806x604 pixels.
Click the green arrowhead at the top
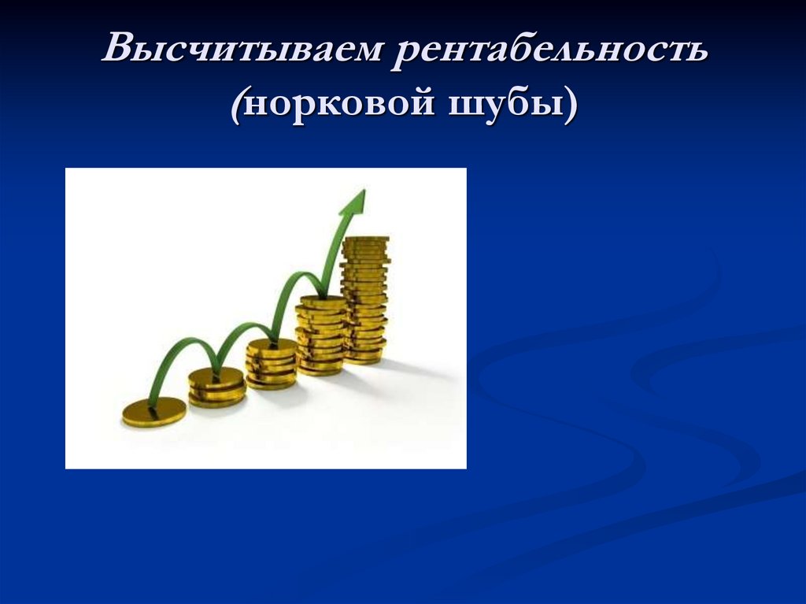355,202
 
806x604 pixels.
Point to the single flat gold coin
154,411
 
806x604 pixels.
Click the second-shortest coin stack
216,387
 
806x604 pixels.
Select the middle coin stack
272,363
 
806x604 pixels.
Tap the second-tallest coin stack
321,335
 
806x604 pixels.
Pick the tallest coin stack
365,299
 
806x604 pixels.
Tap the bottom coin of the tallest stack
364,358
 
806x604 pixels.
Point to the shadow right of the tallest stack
417,371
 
